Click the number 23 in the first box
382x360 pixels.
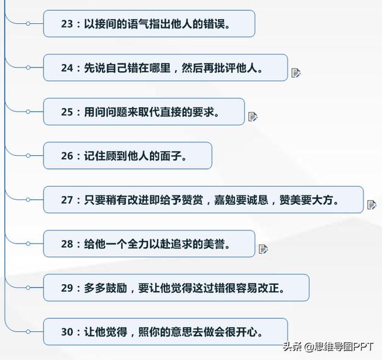pos(66,24)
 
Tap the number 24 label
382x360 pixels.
pos(66,68)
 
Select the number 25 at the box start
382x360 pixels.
pos(66,112)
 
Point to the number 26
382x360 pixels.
pos(66,156)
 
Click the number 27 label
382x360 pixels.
pos(66,200)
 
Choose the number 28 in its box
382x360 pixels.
pos(66,244)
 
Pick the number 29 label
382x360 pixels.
pos(66,288)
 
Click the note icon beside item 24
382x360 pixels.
pos(295,73)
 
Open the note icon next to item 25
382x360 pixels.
pos(252,116)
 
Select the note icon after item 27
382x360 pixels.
pos(371,205)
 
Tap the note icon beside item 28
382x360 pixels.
pos(263,248)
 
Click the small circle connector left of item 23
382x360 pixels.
pos(28,24)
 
